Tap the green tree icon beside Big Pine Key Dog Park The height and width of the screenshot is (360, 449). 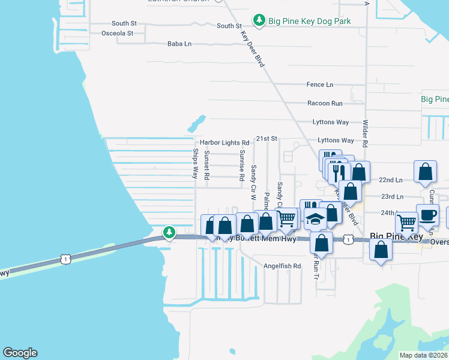pos(259,20)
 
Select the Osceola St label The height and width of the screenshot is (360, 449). pos(117,33)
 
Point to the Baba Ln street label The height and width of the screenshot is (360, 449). pos(179,44)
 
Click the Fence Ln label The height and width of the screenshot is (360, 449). pos(319,85)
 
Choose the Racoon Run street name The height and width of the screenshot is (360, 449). pos(324,103)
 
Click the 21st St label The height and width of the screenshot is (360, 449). pos(266,139)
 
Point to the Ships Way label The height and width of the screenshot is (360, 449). pos(195,164)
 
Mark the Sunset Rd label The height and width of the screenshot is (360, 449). pos(206,165)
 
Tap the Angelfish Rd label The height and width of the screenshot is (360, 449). pos(282,266)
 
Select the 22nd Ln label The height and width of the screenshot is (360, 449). pos(391,179)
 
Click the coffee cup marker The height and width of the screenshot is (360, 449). pos(427,217)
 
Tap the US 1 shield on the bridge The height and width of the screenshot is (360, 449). pos(65,258)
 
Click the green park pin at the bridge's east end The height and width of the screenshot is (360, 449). pos(169,232)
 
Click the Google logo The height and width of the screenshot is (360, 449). pos(20,353)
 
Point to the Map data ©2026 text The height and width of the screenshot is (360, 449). pos(423,355)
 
